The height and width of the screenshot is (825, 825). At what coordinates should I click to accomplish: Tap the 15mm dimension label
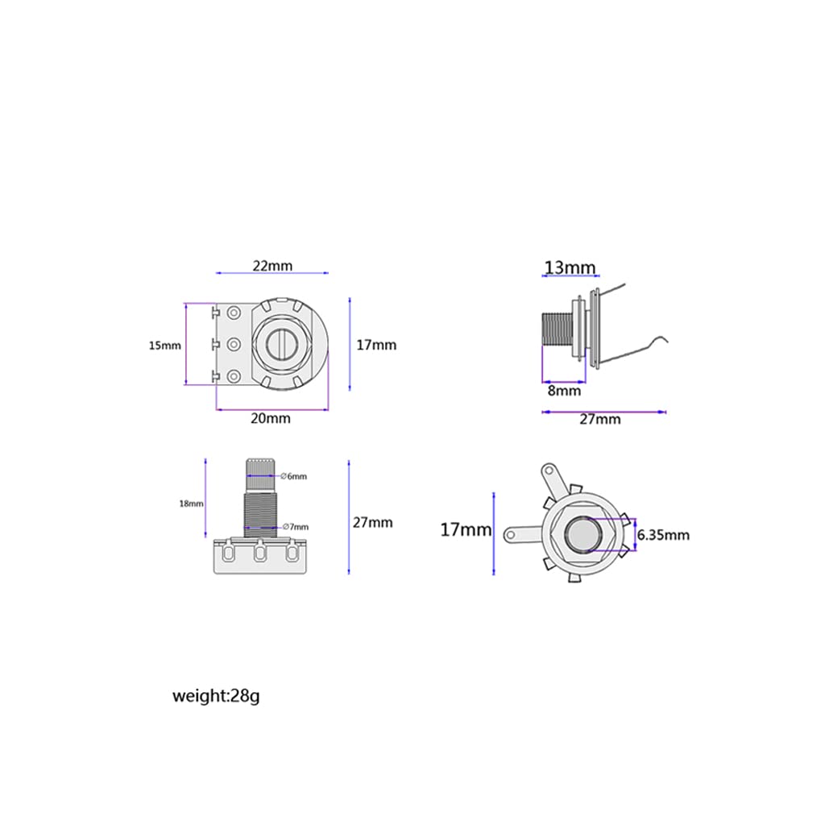(x=165, y=345)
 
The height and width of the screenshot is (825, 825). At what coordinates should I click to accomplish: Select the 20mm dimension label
(x=271, y=418)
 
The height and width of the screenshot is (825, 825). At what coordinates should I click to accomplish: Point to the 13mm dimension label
(x=570, y=267)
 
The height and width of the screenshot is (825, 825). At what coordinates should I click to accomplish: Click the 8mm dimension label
(x=564, y=391)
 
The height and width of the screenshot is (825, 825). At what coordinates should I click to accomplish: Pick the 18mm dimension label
(x=191, y=504)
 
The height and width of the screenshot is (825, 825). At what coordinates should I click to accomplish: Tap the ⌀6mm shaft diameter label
(x=296, y=476)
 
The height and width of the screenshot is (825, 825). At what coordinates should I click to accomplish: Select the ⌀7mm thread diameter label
(x=296, y=527)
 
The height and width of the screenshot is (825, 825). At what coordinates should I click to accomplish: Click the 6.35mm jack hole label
(x=663, y=535)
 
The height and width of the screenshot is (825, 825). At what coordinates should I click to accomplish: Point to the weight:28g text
(x=216, y=695)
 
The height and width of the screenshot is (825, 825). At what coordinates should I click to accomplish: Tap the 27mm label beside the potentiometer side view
(x=373, y=522)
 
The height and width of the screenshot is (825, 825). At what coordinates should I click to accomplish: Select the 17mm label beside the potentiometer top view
(x=376, y=345)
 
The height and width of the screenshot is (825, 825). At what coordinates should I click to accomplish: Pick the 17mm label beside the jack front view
(x=466, y=530)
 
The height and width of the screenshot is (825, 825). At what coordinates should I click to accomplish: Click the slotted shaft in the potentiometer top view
(x=281, y=344)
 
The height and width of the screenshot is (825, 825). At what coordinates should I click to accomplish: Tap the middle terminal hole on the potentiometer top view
(x=234, y=345)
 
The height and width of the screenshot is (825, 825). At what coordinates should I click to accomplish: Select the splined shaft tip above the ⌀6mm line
(x=262, y=466)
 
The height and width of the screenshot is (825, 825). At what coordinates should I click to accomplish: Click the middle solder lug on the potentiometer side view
(x=260, y=554)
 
